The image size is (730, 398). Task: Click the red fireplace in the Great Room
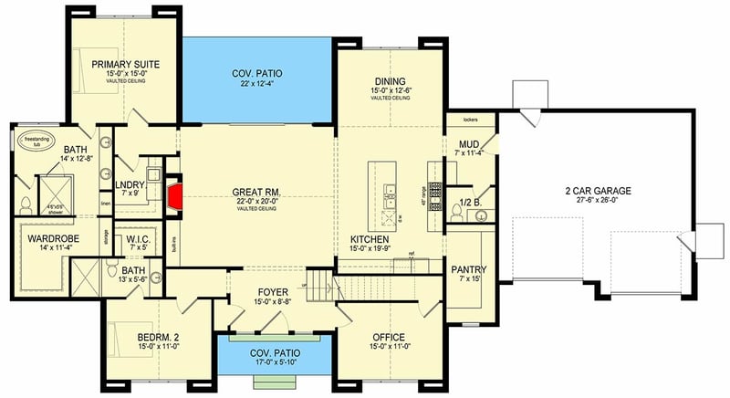tap(174, 194)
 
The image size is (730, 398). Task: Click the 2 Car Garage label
tap(599, 191)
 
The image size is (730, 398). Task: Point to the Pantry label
tap(469, 269)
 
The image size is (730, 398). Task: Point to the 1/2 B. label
tap(470, 202)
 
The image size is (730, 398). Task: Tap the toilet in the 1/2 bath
tap(455, 211)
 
